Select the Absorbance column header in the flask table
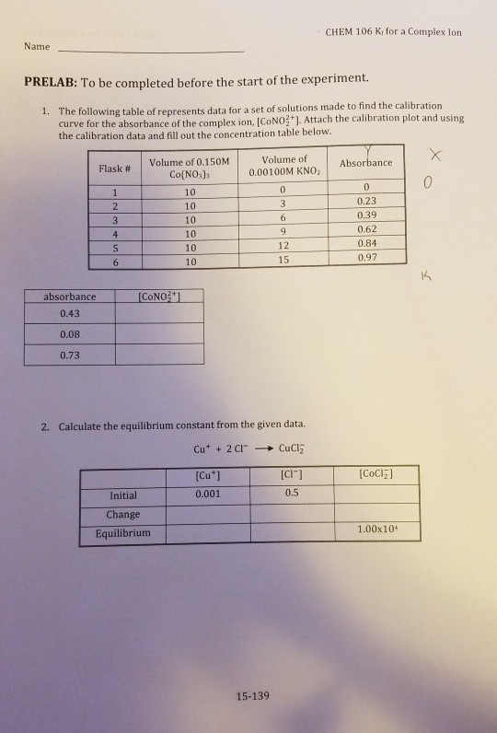tap(366, 163)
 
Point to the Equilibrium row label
tap(122, 533)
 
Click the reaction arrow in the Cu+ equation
tap(264, 450)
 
